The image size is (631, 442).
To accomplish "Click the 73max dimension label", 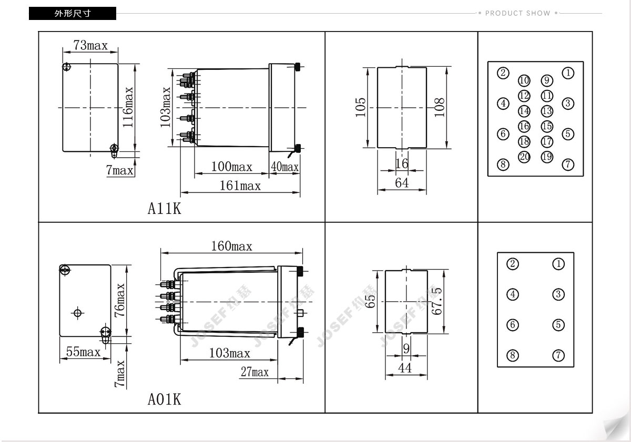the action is (x=90, y=45).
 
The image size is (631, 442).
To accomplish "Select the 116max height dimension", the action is (x=128, y=107).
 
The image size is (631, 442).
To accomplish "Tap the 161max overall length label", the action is (x=240, y=186).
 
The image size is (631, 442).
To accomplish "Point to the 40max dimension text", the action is (x=284, y=167).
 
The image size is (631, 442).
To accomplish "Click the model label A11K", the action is (x=164, y=209).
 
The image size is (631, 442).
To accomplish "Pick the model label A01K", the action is (x=164, y=399).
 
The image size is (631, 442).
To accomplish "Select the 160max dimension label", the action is (x=231, y=246).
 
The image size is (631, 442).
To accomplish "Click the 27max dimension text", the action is (x=255, y=372).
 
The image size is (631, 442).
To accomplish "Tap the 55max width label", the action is (x=84, y=352).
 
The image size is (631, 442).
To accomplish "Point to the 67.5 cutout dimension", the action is (x=436, y=301).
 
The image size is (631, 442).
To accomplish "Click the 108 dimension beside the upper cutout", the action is (x=439, y=107).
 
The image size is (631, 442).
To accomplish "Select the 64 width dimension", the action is (x=402, y=183).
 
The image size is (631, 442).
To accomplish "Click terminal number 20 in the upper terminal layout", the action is (x=524, y=157).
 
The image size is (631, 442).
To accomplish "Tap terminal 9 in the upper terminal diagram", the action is (x=547, y=80).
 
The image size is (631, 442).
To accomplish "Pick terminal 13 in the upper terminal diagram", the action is (x=547, y=111).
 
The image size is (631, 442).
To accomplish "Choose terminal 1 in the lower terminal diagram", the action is (x=558, y=264).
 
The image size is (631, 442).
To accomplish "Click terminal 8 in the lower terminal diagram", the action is (x=513, y=355).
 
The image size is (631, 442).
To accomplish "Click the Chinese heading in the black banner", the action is (x=73, y=14).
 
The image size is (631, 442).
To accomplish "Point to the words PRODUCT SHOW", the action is (x=518, y=13).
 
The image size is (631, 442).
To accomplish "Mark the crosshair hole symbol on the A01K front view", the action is (x=77, y=313).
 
